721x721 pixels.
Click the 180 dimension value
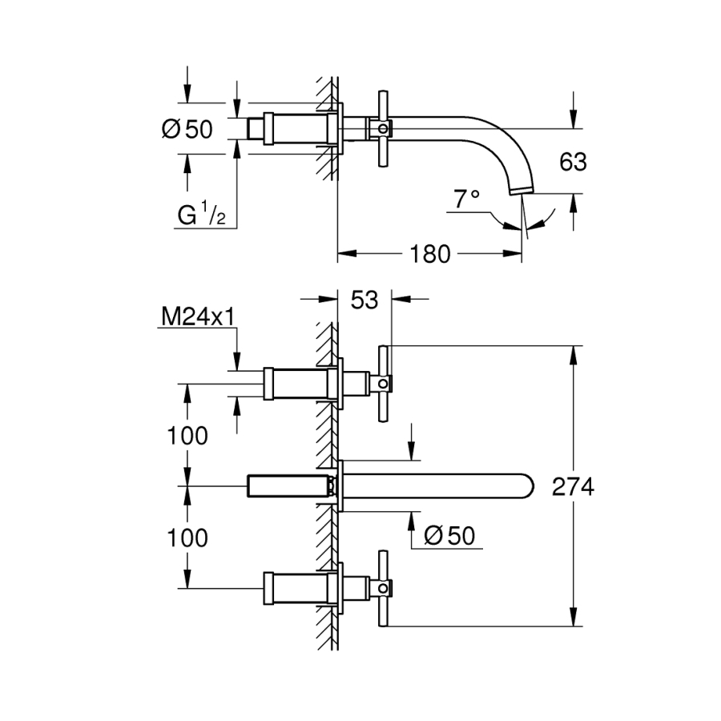pos(430,255)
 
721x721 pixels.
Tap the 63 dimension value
pos(573,163)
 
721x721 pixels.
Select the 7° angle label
pos(466,199)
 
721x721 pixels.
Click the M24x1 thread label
pos(198,318)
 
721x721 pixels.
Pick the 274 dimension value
pos(573,487)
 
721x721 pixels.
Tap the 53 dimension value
pos(365,300)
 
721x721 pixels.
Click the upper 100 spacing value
pos(187,436)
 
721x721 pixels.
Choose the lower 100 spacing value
pos(187,538)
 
